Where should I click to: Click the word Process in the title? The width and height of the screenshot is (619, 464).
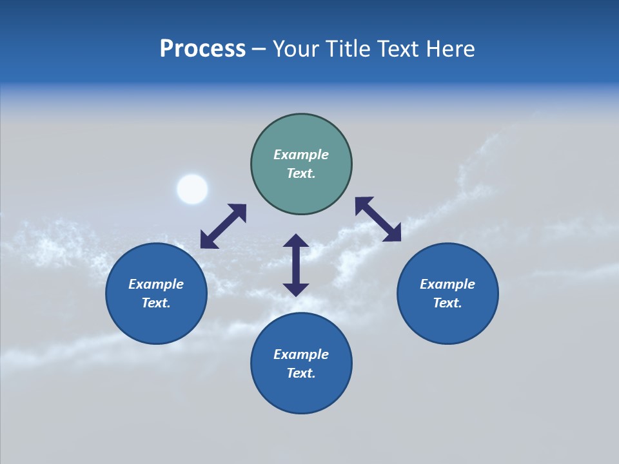[x=202, y=49]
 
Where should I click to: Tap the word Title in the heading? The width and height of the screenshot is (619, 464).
[x=349, y=49]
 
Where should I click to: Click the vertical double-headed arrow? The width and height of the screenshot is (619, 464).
[x=296, y=265]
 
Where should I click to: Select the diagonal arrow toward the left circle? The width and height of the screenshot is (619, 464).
[x=223, y=226]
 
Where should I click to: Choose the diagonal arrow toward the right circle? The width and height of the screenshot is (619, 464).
[x=378, y=219]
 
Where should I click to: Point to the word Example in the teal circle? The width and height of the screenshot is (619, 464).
[x=301, y=155]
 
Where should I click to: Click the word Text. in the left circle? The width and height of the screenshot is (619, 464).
[x=156, y=303]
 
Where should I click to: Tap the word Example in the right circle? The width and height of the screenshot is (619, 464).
[x=447, y=284]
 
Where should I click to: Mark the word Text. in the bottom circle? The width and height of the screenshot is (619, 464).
[x=301, y=373]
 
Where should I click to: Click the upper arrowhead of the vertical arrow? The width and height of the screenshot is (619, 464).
[x=296, y=242]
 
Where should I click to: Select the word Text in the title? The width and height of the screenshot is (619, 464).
[x=400, y=49]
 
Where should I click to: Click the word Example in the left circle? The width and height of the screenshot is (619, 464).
[x=156, y=284]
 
